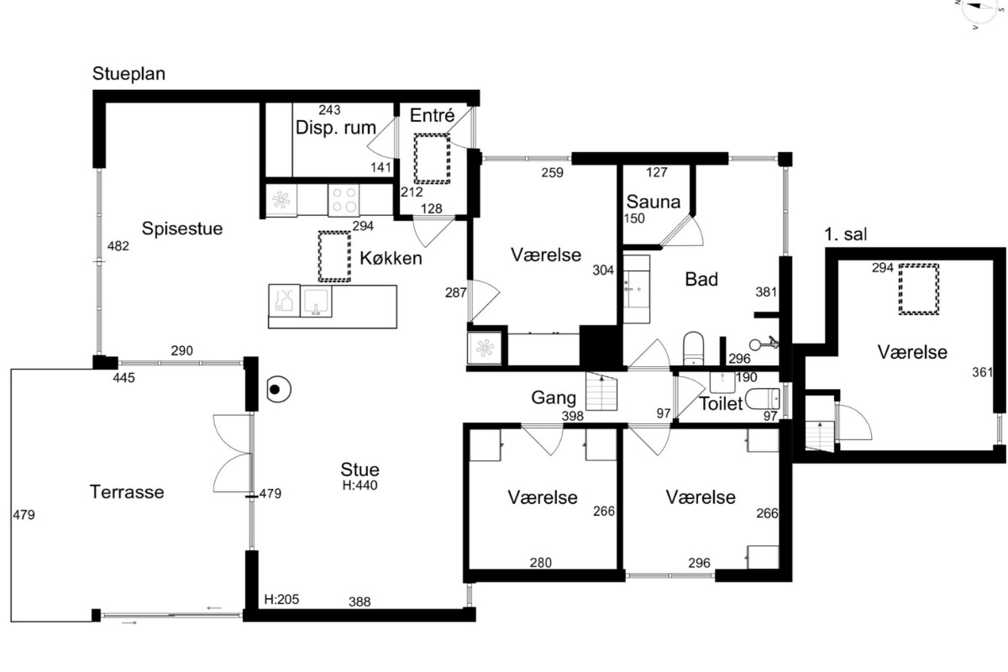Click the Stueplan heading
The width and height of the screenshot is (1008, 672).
tap(129, 74)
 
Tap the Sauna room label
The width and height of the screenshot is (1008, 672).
tap(653, 202)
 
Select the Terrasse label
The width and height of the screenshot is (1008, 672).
tap(127, 492)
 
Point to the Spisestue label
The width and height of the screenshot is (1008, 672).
tap(182, 228)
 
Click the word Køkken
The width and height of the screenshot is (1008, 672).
tap(391, 259)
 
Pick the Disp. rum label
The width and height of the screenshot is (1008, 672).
tap(336, 128)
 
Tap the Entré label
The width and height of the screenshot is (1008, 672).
tap(432, 116)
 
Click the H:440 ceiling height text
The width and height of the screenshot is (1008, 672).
tap(360, 486)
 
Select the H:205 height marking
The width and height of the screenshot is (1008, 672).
tap(281, 599)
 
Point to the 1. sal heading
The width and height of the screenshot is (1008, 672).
tap(845, 234)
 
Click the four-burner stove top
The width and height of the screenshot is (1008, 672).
tap(344, 200)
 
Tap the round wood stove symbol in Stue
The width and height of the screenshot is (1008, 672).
tap(279, 389)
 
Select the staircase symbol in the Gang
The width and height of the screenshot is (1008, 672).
tap(601, 391)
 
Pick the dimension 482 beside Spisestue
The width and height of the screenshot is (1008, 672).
tap(118, 246)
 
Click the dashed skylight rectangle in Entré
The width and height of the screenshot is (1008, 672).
tap(432, 159)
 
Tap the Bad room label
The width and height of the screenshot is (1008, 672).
tap(701, 280)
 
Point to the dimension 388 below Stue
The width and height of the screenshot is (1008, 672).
tap(360, 601)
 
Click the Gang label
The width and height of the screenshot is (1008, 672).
tap(554, 398)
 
